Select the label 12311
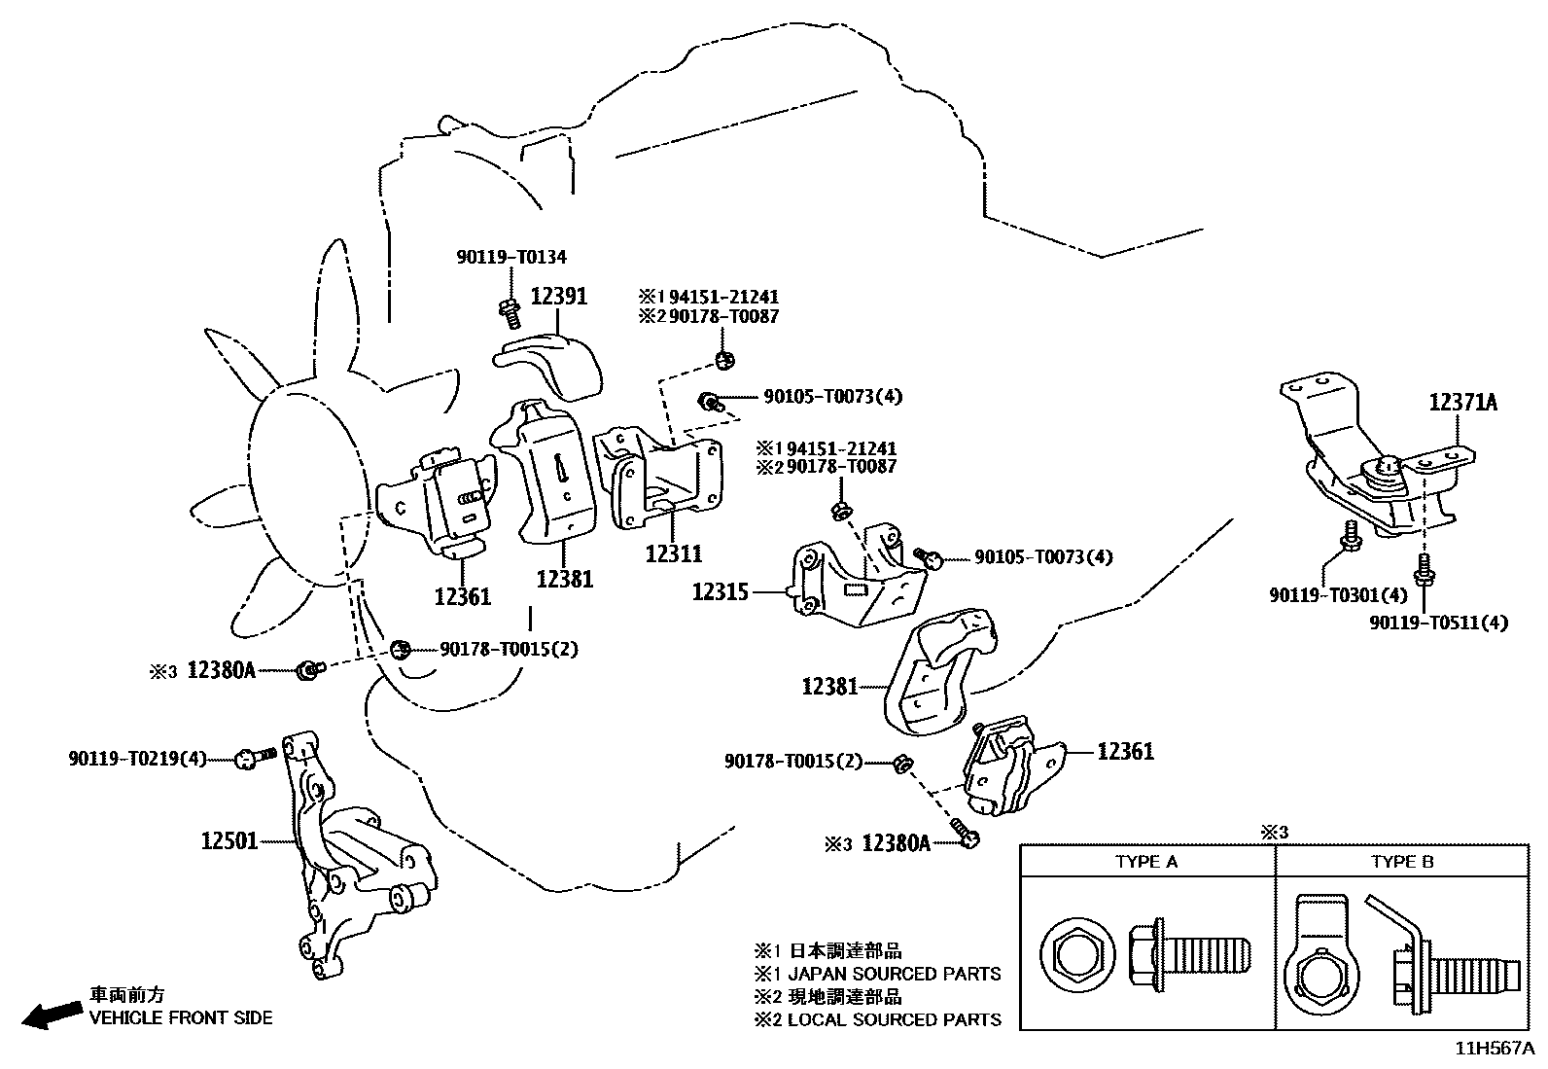673,553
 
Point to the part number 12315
720,590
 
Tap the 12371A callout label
1462,401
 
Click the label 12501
229,839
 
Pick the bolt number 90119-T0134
510,257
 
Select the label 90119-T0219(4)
137,758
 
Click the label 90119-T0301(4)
1338,593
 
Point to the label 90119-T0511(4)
1438,622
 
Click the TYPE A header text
1146,862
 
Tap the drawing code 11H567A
1494,1049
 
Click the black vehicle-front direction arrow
52,1014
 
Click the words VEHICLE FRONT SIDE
181,1017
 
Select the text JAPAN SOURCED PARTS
894,973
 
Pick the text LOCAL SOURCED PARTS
894,1019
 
